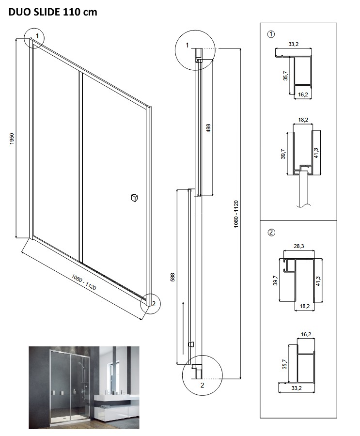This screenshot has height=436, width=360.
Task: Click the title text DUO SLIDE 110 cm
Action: [53, 12]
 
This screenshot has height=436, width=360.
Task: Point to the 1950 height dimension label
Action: [12, 139]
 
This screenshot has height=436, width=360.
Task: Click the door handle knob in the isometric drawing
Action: [134, 198]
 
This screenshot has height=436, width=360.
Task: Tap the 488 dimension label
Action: [208, 127]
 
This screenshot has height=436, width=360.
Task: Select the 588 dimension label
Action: [172, 277]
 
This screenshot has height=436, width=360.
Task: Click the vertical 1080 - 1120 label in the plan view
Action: [236, 214]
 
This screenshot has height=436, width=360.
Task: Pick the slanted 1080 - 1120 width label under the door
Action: [84, 282]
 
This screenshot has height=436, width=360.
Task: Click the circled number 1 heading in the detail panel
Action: [271, 34]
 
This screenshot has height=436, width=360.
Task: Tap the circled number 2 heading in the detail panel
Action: [271, 232]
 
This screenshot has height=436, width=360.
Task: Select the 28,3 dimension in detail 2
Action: [299, 246]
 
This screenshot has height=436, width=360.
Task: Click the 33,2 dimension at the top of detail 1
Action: [294, 44]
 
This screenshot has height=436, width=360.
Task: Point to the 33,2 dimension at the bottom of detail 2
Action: [297, 388]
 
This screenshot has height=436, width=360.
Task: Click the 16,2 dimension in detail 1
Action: [303, 94]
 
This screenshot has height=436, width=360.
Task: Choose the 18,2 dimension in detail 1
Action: [303, 120]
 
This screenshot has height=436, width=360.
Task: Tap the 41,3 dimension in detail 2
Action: [318, 280]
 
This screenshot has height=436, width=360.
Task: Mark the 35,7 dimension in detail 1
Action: [285, 76]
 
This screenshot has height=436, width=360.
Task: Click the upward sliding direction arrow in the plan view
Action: [183, 327]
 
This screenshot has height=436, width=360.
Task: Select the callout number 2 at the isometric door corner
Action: [154, 304]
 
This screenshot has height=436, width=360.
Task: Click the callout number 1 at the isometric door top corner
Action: [38, 36]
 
